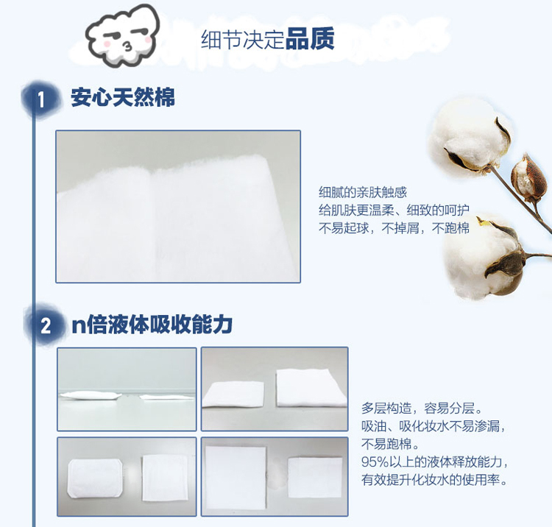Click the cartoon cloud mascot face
click(122, 35)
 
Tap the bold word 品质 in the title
click(310, 39)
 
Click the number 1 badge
click(40, 99)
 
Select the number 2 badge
click(46, 325)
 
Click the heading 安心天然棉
click(123, 97)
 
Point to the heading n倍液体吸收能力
click(152, 325)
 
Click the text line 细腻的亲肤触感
click(363, 192)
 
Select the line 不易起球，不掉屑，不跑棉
click(394, 228)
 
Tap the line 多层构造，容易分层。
click(422, 408)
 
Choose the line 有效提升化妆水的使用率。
click(434, 479)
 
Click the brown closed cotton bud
click(526, 176)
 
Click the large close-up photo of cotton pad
click(178, 207)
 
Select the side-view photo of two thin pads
click(127, 389)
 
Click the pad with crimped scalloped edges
click(95, 478)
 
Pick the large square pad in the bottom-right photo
click(236, 478)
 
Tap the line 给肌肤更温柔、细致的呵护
click(394, 211)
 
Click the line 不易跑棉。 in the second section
click(390, 444)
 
